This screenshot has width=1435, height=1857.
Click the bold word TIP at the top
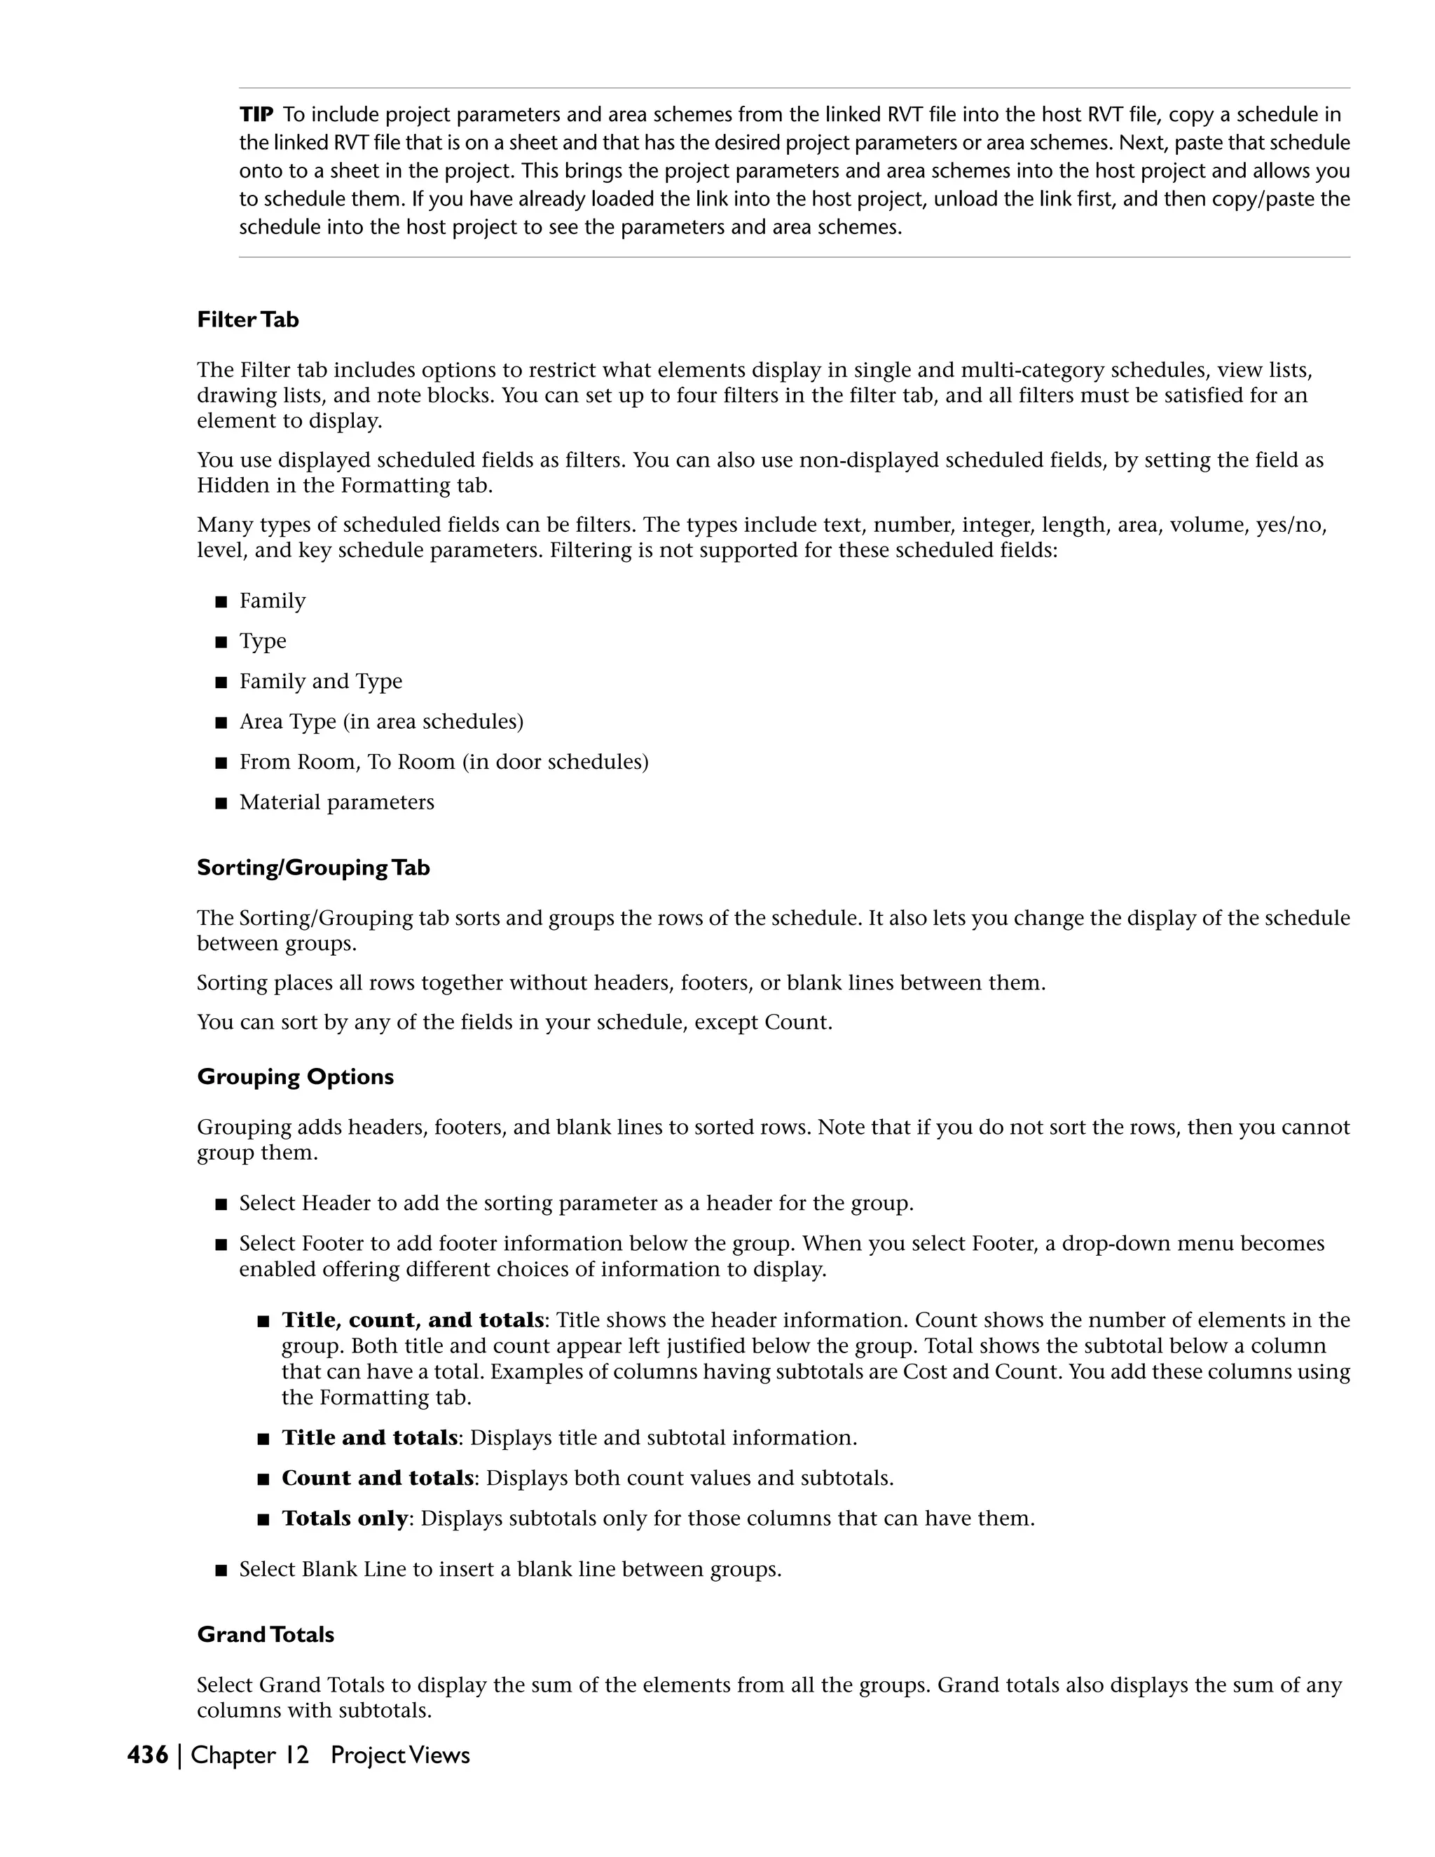[x=255, y=114]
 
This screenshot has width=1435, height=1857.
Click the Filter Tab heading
[x=247, y=320]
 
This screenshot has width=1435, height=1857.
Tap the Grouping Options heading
[x=295, y=1076]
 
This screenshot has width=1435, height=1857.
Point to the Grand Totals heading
[x=266, y=1634]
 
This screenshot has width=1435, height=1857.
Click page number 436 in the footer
[x=148, y=1755]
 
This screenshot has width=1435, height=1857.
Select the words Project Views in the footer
[x=399, y=1755]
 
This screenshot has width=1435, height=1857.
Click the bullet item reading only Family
[x=272, y=601]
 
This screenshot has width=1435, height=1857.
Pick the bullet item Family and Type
[x=320, y=681]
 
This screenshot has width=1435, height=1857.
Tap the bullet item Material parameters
[x=336, y=802]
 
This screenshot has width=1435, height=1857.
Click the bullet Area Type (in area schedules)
[x=381, y=722]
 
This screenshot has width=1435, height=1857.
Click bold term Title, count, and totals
[x=412, y=1320]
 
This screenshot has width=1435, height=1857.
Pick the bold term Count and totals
[x=378, y=1478]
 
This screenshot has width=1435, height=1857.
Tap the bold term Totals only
[x=344, y=1518]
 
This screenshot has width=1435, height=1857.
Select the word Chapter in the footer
[x=232, y=1755]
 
